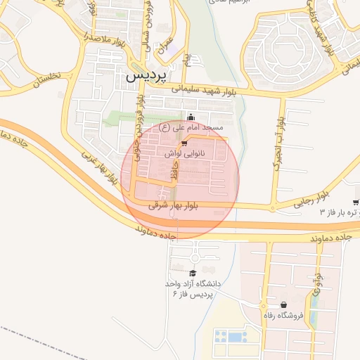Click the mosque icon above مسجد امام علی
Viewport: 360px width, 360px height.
pyautogui.click(x=192, y=117)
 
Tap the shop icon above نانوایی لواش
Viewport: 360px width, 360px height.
pyautogui.click(x=184, y=143)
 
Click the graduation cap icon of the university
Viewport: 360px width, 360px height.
pyautogui.click(x=193, y=274)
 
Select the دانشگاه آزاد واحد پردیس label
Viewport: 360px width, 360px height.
pyautogui.click(x=193, y=288)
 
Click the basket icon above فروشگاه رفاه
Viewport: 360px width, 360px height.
pyautogui.click(x=283, y=306)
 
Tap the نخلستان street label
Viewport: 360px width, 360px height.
pyautogui.click(x=46, y=79)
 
